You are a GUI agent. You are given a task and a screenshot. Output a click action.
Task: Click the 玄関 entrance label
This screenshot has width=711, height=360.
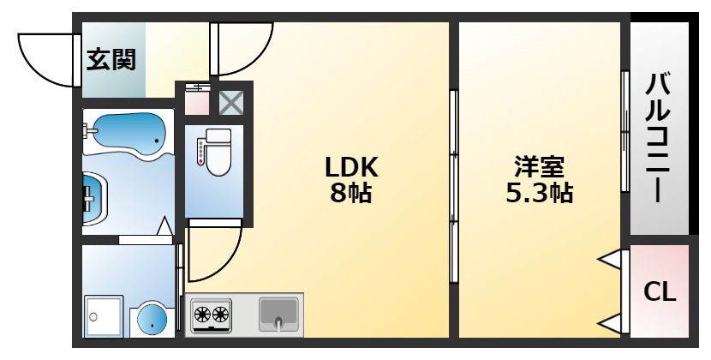pos(111,60)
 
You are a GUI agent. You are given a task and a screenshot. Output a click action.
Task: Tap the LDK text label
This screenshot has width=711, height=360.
pos(351,167)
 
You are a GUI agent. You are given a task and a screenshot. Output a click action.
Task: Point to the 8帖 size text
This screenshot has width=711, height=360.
pos(350,193)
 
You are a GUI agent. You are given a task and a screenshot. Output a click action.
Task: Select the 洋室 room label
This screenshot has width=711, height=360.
pos(539,167)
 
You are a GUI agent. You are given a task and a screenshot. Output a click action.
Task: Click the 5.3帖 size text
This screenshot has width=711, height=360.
pos(539,193)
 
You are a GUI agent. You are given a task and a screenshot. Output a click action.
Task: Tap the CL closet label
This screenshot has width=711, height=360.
pos(660,291)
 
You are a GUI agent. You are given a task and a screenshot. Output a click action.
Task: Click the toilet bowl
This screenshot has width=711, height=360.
pos(218,153)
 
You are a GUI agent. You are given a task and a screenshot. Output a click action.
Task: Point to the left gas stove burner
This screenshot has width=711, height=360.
pos(201,313)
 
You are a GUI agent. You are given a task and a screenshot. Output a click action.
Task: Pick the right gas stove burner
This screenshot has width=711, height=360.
pos(220,313)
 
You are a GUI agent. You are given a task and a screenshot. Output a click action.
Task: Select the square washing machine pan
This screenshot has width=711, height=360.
pos(104,317)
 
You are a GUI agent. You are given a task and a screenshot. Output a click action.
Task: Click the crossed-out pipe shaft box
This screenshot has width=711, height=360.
pos(231,103)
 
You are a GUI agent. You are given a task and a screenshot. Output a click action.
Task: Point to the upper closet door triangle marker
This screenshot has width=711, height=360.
pos(610,260)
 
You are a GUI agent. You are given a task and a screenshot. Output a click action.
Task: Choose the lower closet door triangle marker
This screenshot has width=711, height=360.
pos(610,324)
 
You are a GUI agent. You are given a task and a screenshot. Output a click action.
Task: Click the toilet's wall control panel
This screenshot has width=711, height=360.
pos(200,152)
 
